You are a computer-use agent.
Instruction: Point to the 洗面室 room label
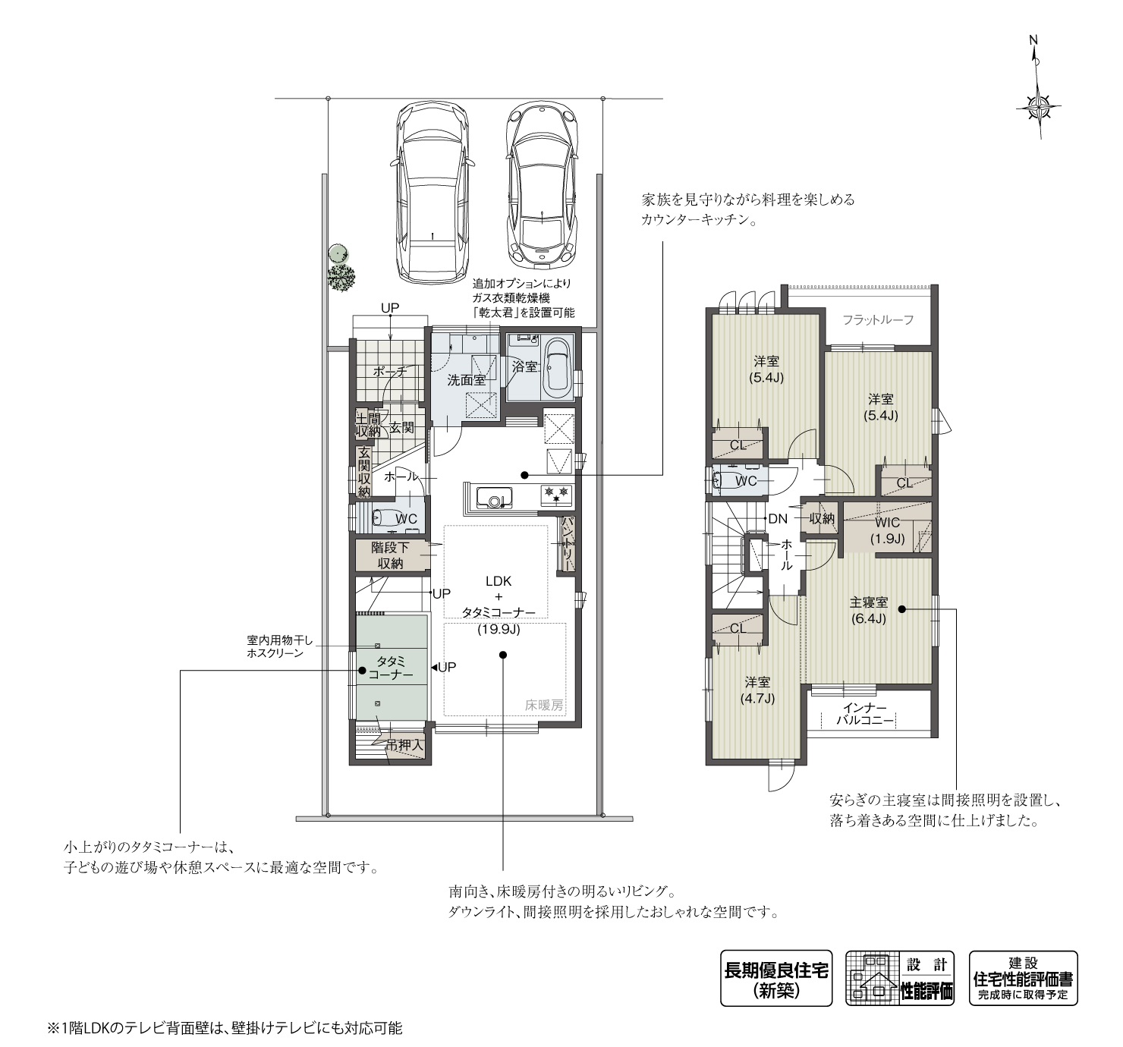pyautogui.click(x=466, y=380)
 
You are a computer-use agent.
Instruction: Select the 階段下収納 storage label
pyautogui.click(x=391, y=555)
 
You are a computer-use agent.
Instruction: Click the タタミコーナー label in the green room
pyautogui.click(x=391, y=668)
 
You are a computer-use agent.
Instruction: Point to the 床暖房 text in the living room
pyautogui.click(x=544, y=705)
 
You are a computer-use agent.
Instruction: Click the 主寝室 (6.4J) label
pyautogui.click(x=868, y=610)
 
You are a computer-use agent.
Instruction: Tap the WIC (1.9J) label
pyautogui.click(x=887, y=530)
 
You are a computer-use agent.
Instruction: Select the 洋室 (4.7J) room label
pyautogui.click(x=757, y=690)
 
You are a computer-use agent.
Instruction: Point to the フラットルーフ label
pyautogui.click(x=878, y=319)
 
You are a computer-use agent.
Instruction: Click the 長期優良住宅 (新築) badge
pyautogui.click(x=775, y=978)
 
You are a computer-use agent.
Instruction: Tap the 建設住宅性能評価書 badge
pyautogui.click(x=1023, y=978)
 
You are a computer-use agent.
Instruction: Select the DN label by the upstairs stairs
pyautogui.click(x=778, y=519)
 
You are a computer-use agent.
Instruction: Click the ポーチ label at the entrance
pyautogui.click(x=390, y=372)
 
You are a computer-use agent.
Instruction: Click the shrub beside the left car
pyautogui.click(x=341, y=278)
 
